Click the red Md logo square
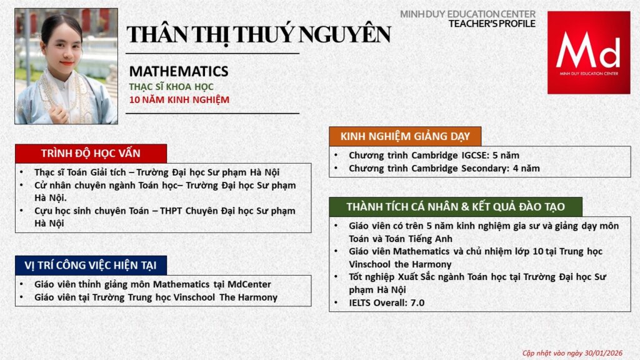[x=589, y=52]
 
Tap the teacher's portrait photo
[x=66, y=66]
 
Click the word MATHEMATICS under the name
[x=179, y=71]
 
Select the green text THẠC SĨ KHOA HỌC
[x=171, y=86]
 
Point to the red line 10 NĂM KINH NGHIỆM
[x=179, y=99]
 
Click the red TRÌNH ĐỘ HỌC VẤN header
[x=91, y=154]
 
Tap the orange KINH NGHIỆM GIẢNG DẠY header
[x=405, y=136]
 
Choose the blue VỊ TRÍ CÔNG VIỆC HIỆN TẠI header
[x=91, y=265]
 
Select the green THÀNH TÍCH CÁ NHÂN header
[x=456, y=207]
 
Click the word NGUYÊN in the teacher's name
[x=344, y=34]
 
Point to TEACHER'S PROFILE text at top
[x=492, y=24]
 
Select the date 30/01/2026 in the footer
[x=603, y=353]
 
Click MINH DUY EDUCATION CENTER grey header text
[x=467, y=14]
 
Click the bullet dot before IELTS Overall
[x=336, y=302]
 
